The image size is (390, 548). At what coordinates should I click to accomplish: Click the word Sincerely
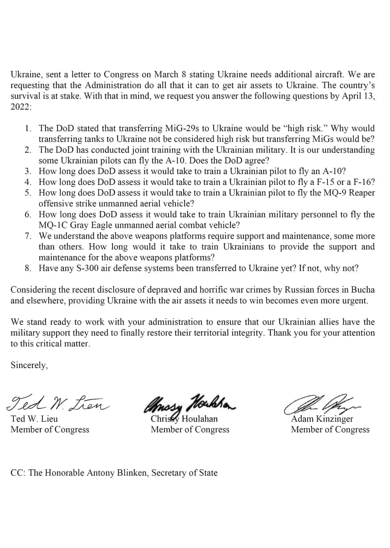[x=29, y=365]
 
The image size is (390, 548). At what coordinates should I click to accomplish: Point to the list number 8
[x=28, y=268]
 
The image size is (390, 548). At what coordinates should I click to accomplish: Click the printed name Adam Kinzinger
[x=322, y=419]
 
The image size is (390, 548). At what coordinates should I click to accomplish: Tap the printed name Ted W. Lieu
[x=34, y=419]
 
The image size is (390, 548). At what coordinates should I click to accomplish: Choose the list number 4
[x=28, y=182]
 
